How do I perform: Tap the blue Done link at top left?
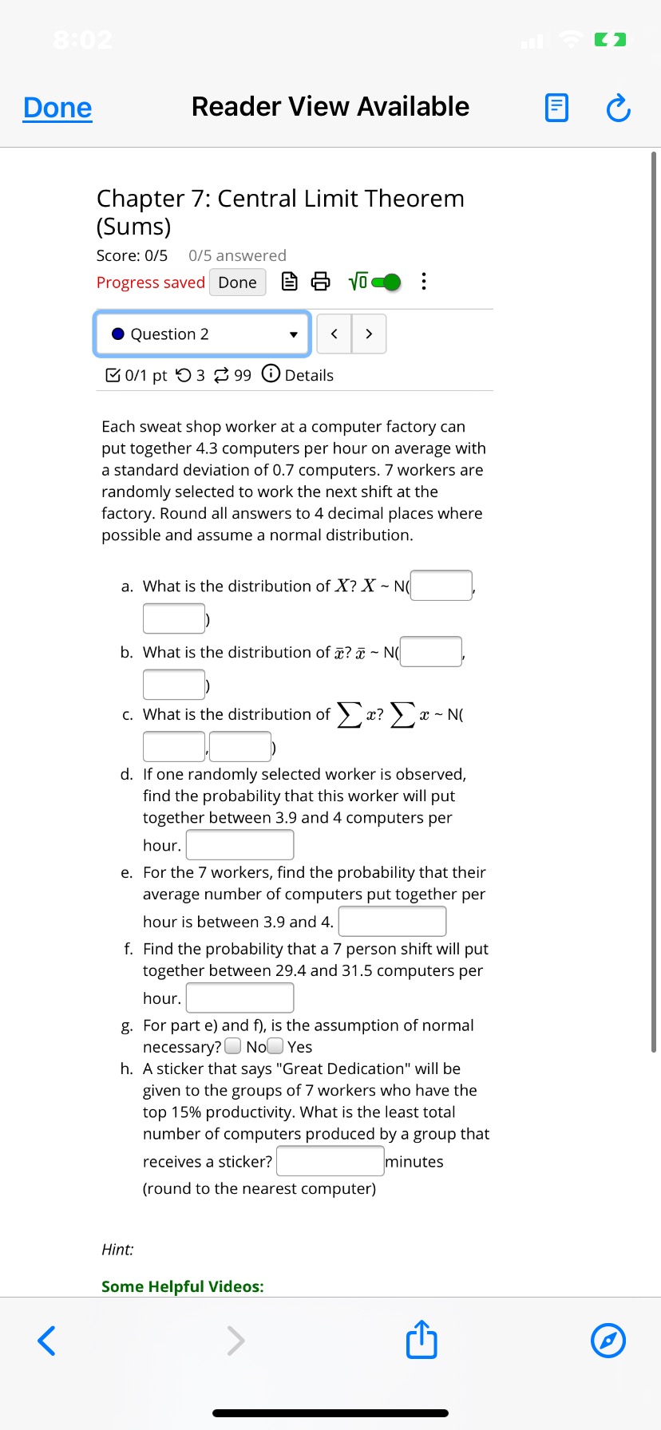click(x=57, y=108)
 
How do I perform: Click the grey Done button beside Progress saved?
click(x=237, y=282)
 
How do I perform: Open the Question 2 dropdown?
click(x=203, y=334)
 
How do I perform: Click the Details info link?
click(x=298, y=375)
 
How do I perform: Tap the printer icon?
click(x=320, y=282)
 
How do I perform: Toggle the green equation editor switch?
click(x=386, y=282)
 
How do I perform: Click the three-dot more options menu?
click(x=423, y=282)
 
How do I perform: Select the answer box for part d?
click(x=239, y=845)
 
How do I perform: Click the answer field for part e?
click(x=392, y=922)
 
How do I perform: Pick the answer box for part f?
click(x=239, y=998)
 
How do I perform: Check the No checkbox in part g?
click(x=233, y=1046)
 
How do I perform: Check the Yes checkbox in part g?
click(x=275, y=1046)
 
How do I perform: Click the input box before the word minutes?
click(x=330, y=1161)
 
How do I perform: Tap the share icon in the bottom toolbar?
click(x=422, y=1340)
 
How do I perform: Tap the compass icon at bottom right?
click(x=608, y=1340)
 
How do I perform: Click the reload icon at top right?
click(x=619, y=108)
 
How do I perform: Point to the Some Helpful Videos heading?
click(x=183, y=1286)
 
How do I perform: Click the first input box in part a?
click(x=441, y=586)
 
